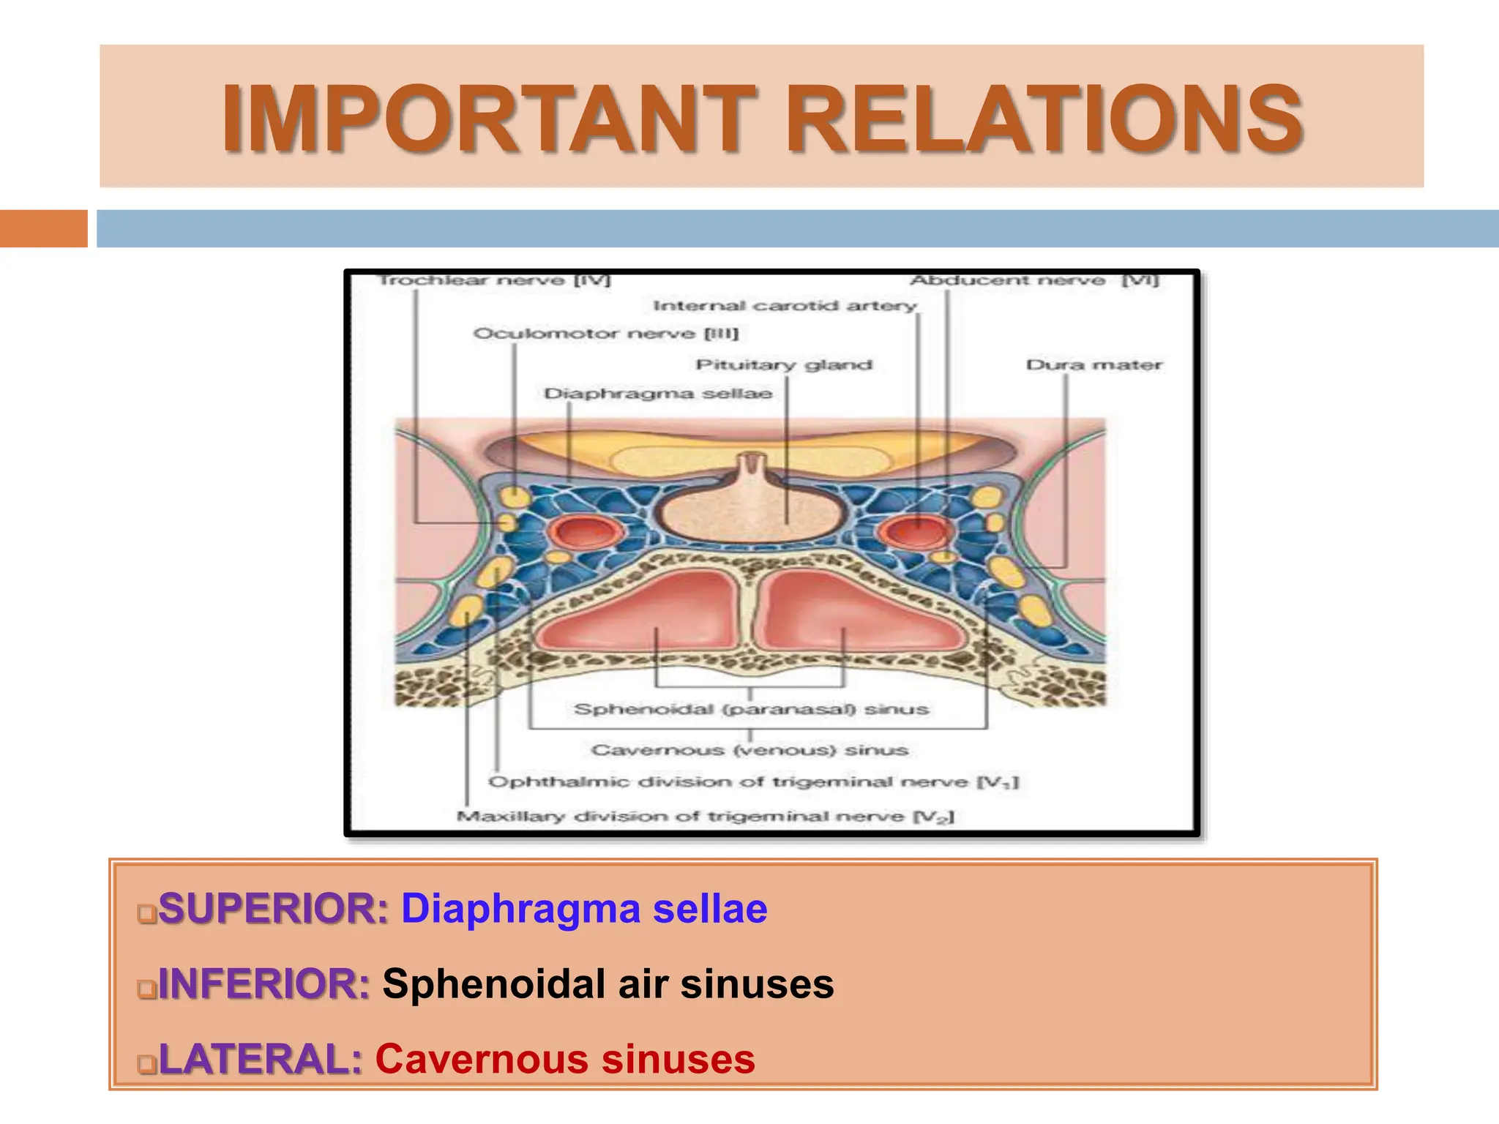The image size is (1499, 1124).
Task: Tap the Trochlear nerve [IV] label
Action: (495, 281)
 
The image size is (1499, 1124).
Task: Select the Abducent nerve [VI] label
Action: (1033, 281)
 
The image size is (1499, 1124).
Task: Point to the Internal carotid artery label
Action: (785, 306)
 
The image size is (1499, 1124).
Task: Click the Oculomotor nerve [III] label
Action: (606, 334)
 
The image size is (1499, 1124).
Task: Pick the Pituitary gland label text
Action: (784, 365)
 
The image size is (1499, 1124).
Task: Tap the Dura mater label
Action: (1094, 365)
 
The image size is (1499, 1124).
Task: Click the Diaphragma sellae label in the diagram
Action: (658, 394)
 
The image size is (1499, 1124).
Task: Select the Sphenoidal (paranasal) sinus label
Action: (752, 709)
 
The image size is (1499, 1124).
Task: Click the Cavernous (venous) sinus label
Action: (750, 750)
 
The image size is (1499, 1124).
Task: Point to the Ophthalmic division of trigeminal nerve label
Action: (753, 782)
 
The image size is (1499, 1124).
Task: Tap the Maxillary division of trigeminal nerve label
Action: (706, 816)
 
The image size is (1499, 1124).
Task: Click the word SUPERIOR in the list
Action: (273, 910)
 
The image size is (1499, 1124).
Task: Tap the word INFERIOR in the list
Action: (264, 984)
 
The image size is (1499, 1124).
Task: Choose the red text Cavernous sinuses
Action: (565, 1060)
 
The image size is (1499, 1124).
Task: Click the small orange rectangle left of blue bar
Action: (43, 228)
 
